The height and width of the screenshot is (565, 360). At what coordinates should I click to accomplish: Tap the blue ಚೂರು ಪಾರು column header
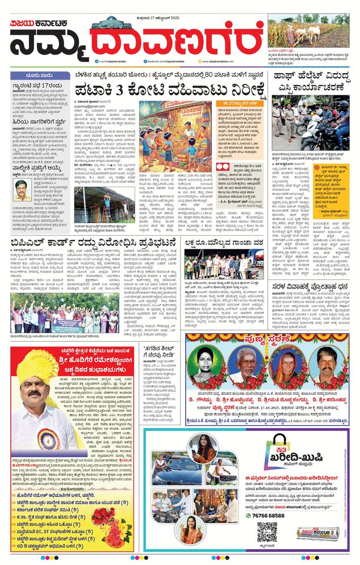pos(40,74)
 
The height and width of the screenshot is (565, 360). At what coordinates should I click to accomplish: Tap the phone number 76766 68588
pos(276,515)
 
